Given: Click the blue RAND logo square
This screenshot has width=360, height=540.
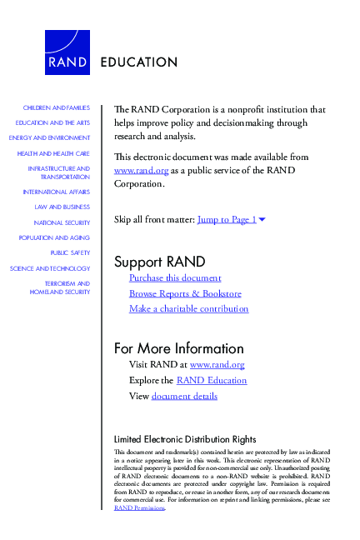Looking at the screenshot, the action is [67, 52].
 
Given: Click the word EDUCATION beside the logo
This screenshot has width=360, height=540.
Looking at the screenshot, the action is [138, 62].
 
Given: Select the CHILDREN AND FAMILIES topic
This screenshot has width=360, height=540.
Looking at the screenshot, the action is [56, 108].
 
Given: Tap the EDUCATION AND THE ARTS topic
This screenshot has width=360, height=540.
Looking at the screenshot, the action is [52, 122].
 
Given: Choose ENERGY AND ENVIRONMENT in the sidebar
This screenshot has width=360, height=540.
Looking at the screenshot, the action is [49, 137].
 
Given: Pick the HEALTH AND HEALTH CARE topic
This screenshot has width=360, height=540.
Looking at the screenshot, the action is [53, 153].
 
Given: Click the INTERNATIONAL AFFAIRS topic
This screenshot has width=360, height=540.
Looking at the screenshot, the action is [57, 192].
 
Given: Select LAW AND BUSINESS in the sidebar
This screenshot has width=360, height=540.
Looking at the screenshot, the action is [62, 207].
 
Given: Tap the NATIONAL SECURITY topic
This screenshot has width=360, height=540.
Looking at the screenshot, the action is [62, 222].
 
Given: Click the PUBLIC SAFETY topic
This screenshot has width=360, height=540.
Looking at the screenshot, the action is [70, 252].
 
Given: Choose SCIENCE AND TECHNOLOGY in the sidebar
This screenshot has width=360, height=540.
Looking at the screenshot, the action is [50, 268].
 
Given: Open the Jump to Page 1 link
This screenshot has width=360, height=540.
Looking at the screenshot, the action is [227, 220].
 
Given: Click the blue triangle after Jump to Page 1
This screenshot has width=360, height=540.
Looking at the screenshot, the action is [262, 220].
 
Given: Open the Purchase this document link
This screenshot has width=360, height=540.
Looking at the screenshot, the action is [175, 277].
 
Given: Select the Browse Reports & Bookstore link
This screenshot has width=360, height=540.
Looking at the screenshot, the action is [185, 293].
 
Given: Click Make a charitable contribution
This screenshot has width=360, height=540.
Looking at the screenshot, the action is [188, 308].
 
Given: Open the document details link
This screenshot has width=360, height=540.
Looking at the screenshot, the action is [184, 396].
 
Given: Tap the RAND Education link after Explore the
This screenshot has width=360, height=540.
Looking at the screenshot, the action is [212, 380].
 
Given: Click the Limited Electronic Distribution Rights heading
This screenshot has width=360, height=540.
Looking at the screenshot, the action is [184, 439].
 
